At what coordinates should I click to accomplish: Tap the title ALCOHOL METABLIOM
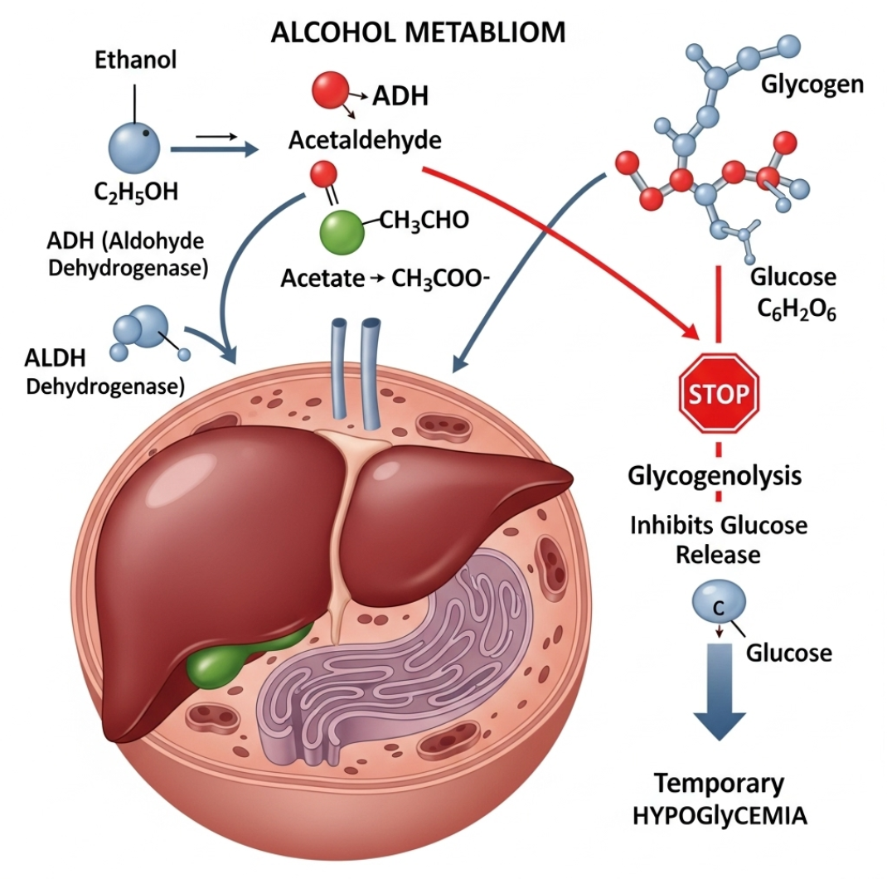pyautogui.click(x=419, y=32)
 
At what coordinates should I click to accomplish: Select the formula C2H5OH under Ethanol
pyautogui.click(x=137, y=192)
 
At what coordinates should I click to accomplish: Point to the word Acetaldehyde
pyautogui.click(x=365, y=140)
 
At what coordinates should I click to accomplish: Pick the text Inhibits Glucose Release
pyautogui.click(x=719, y=539)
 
